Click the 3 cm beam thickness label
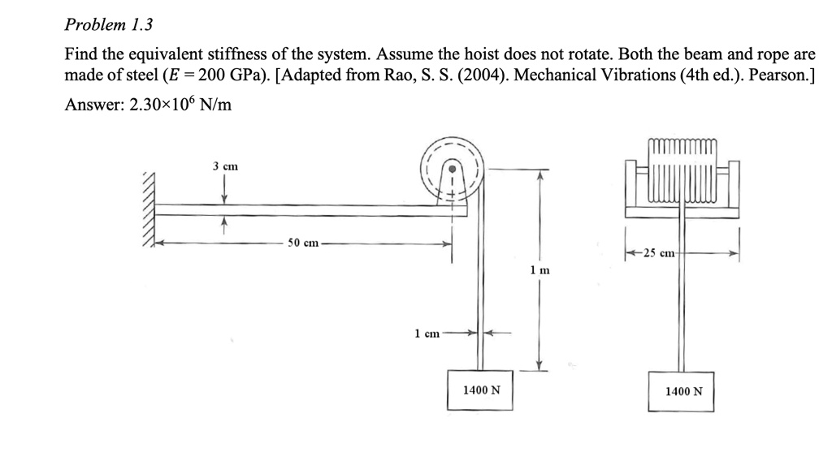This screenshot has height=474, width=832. tap(225, 166)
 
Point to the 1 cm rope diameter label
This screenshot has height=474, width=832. tap(427, 333)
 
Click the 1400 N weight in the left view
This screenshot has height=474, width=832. tap(481, 390)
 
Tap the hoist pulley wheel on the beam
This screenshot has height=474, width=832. tap(452, 170)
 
